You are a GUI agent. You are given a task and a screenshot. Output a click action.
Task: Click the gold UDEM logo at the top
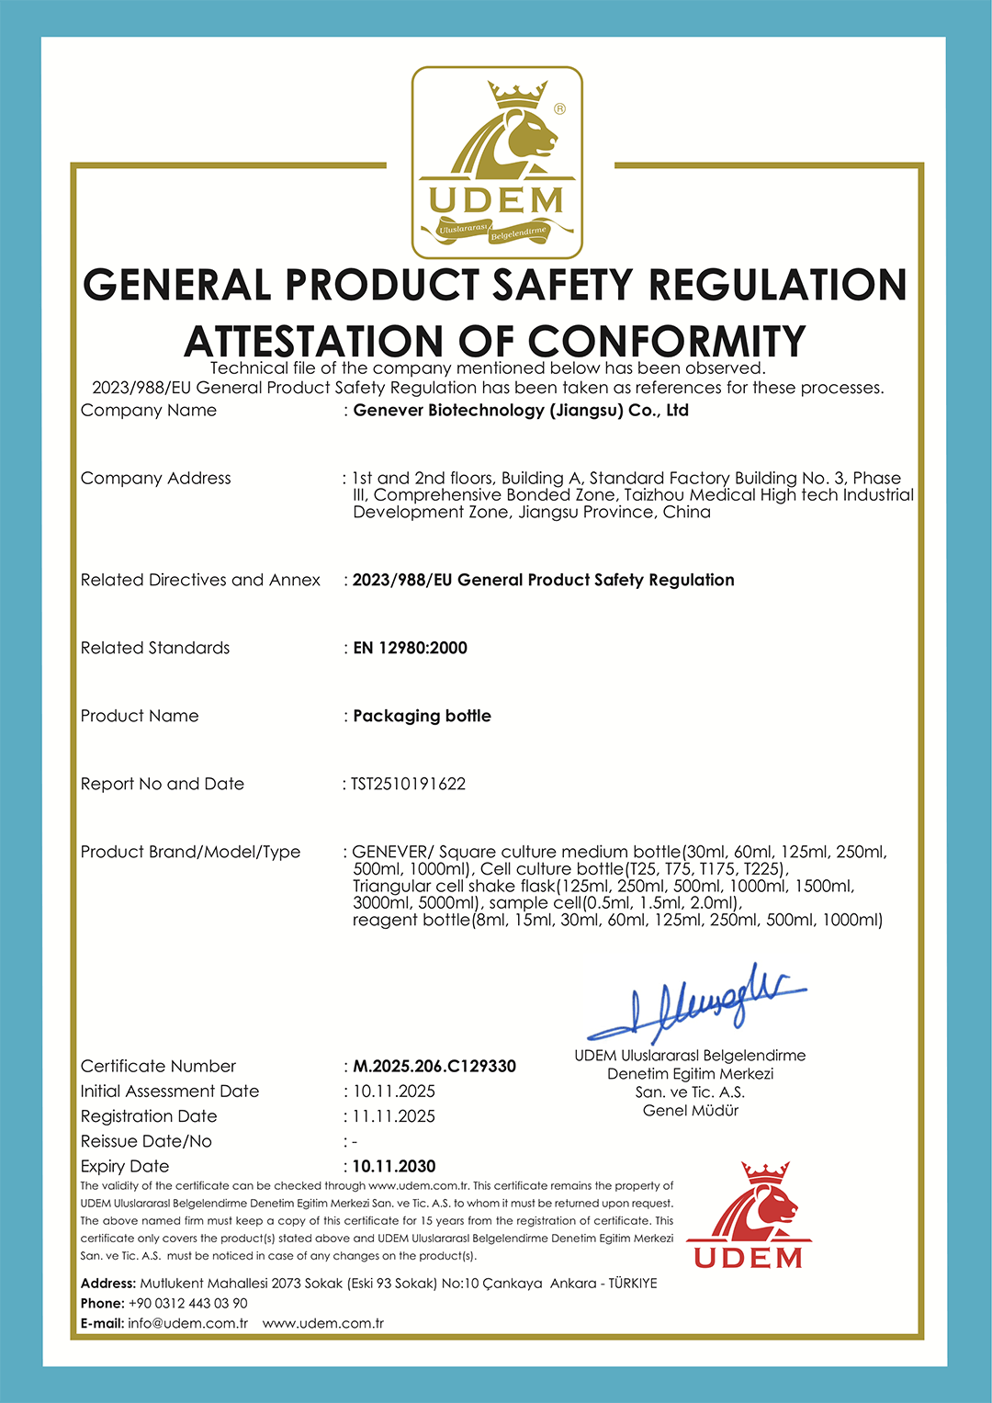point(497,163)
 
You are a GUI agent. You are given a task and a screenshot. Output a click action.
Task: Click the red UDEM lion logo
point(749,1216)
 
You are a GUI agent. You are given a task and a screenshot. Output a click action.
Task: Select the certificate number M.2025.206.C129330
point(434,1066)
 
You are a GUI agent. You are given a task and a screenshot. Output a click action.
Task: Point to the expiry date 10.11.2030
point(394,1166)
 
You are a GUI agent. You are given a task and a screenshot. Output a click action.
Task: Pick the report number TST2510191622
point(409,784)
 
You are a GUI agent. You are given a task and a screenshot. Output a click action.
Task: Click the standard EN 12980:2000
point(411,648)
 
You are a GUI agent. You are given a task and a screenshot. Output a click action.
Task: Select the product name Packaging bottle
point(423,716)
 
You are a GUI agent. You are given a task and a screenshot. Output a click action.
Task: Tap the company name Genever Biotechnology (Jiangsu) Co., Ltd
point(521,411)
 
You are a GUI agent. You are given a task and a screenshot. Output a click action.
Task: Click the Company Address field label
point(156,478)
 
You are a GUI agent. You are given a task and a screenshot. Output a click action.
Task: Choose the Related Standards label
point(155,648)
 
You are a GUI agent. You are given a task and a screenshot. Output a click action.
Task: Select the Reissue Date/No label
point(146,1141)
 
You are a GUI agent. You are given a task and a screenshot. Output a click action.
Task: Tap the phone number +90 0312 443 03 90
point(188,1303)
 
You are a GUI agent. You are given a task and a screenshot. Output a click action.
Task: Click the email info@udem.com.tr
point(188,1323)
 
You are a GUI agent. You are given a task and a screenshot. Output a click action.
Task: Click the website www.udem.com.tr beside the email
point(323,1323)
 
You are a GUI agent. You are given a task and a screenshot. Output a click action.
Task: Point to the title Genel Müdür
point(691,1110)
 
